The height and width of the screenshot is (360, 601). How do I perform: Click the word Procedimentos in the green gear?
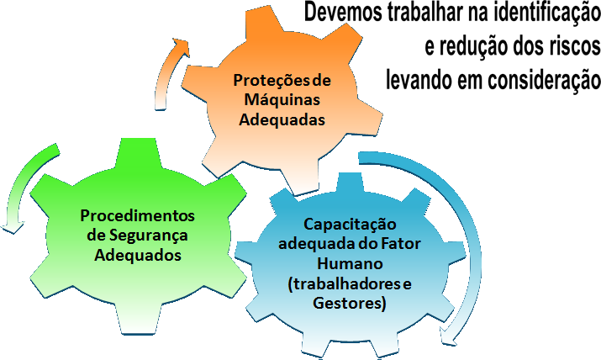[x=137, y=215]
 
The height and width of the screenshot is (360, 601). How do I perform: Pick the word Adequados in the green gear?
[x=137, y=254]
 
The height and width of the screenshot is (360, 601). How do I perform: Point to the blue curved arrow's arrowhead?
[x=454, y=340]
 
